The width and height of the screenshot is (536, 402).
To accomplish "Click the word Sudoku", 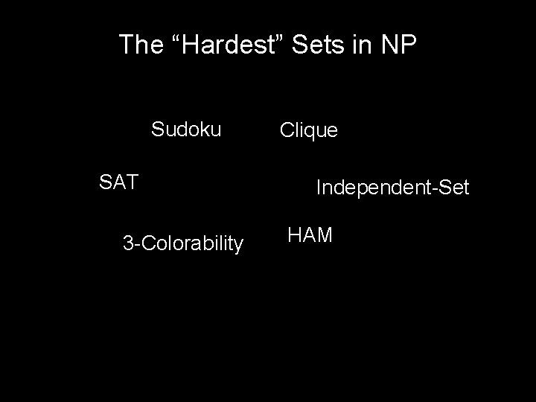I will [186, 130].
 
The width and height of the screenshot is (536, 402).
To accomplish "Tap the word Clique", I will [308, 131].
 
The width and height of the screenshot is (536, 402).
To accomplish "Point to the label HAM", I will [310, 235].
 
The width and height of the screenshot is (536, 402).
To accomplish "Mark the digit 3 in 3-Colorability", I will [128, 243].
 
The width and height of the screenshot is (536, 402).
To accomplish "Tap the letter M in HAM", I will [324, 235].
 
